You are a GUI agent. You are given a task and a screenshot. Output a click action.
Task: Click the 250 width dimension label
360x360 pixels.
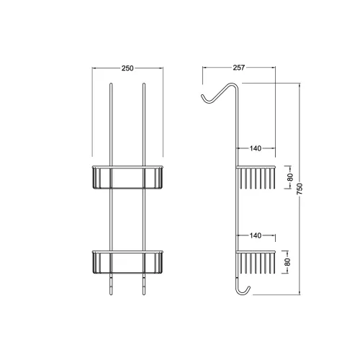pyautogui.click(x=127, y=68)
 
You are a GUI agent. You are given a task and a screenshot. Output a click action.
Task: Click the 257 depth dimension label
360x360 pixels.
pyautogui.click(x=239, y=68)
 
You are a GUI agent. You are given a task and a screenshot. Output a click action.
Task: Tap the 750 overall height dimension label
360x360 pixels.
pyautogui.click(x=300, y=189)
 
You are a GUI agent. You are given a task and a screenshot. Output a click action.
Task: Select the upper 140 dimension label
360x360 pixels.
pyautogui.click(x=256, y=148)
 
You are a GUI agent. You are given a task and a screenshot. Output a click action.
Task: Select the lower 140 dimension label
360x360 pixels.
pyautogui.click(x=256, y=235)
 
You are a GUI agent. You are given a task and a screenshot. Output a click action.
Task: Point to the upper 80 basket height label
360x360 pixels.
pyautogui.click(x=290, y=177)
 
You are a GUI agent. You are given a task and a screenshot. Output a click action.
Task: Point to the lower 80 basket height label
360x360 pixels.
pyautogui.click(x=287, y=262)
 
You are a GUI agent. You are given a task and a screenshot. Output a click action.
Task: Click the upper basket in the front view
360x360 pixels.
pyautogui.click(x=127, y=177)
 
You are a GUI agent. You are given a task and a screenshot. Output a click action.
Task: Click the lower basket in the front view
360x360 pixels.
pyautogui.click(x=127, y=262)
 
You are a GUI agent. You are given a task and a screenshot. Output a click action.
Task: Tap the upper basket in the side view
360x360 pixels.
pyautogui.click(x=256, y=177)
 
